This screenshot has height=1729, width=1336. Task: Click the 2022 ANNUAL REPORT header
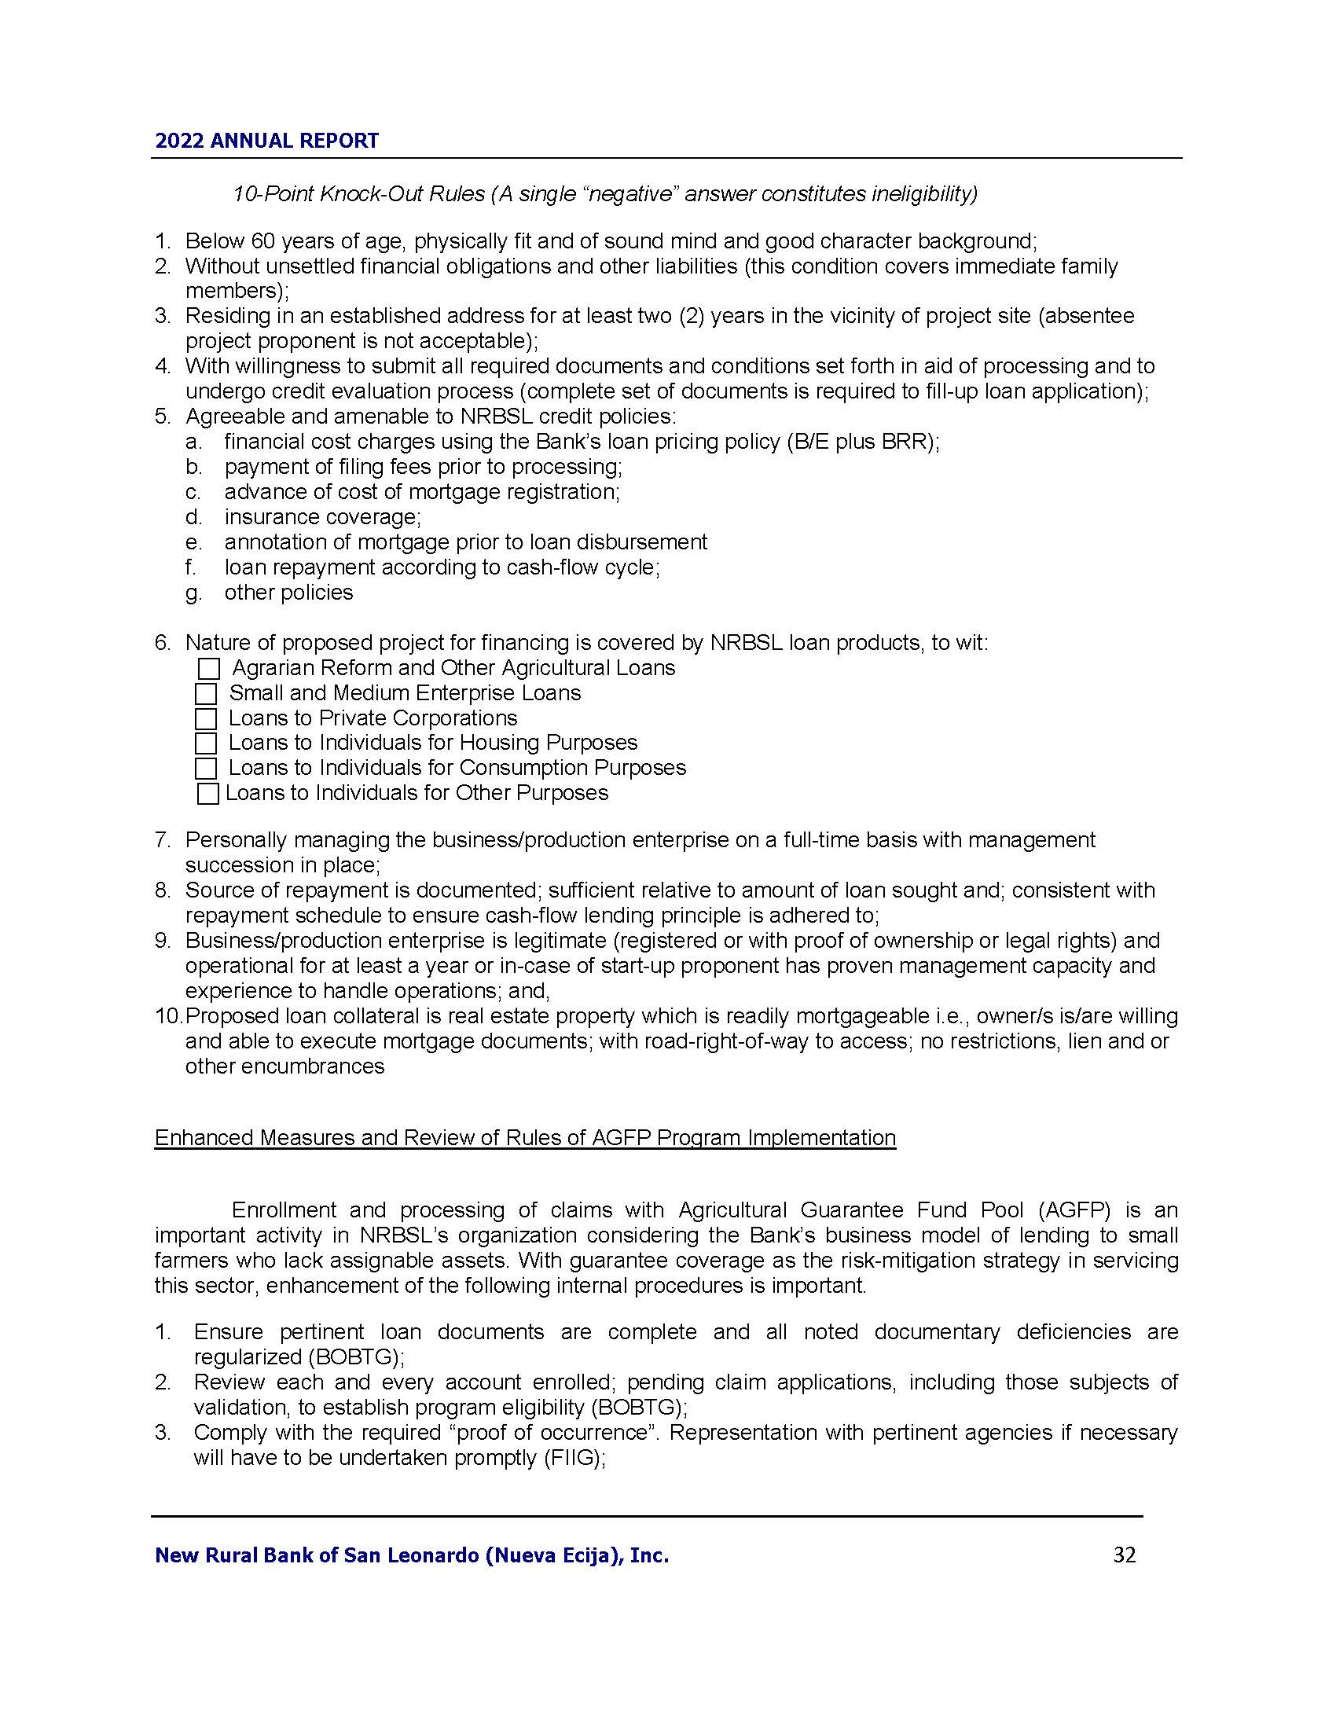pos(266,141)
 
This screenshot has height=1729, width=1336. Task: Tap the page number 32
pos(1124,1555)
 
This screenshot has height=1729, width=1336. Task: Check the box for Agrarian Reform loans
pos(208,669)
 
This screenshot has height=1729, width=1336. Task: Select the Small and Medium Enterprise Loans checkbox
pos(206,694)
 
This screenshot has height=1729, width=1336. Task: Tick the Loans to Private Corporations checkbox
pos(206,719)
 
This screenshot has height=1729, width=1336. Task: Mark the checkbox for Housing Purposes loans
pos(206,743)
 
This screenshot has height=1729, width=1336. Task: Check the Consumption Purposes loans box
pos(206,769)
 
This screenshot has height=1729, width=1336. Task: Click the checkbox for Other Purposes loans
pos(207,794)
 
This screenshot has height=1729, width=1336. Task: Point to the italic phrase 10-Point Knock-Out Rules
pos(358,194)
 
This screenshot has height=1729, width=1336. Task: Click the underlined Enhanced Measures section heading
pos(525,1138)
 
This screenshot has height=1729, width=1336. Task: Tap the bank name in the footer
pos(412,1555)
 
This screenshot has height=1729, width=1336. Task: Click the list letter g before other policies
pos(193,593)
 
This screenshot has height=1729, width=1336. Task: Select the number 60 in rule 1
pos(262,240)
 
